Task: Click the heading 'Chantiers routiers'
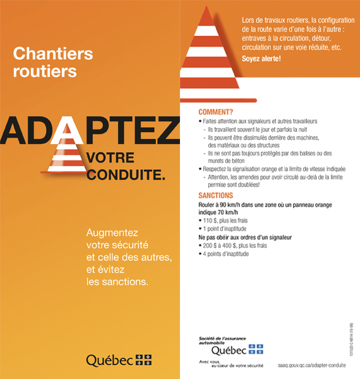[53, 61]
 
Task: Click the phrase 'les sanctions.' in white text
[117, 281]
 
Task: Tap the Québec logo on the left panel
[118, 359]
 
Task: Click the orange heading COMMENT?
[215, 111]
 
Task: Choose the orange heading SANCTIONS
[216, 196]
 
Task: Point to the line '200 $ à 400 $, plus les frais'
[237, 246]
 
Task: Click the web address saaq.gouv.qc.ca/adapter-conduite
[316, 366]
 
